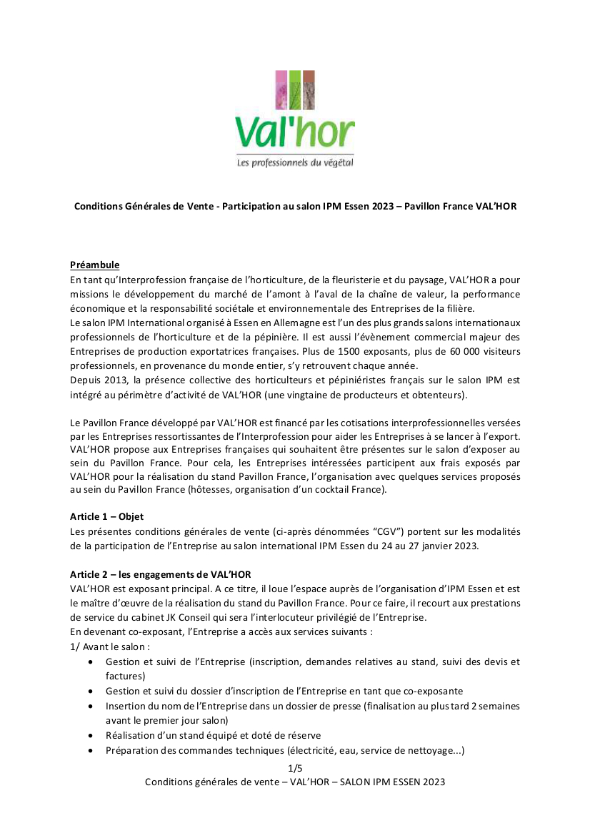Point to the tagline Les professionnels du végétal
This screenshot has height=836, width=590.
click(x=294, y=163)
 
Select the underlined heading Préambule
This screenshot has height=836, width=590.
click(x=94, y=265)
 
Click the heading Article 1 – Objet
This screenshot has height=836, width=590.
click(x=107, y=516)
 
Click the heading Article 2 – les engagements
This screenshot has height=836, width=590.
click(x=160, y=574)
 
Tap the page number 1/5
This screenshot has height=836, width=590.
click(x=294, y=769)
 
